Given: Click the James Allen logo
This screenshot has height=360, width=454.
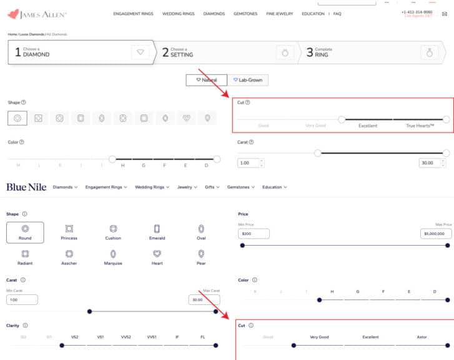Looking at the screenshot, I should (x=36, y=13).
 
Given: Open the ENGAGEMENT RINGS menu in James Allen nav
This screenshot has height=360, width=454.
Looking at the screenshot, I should (x=134, y=13).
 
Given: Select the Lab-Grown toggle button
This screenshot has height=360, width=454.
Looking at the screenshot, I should (x=247, y=80).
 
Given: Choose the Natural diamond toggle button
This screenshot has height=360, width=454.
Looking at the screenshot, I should (x=206, y=80).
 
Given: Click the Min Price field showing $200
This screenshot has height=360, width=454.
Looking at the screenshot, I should (x=254, y=234).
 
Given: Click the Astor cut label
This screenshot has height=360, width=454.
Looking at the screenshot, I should (x=422, y=337).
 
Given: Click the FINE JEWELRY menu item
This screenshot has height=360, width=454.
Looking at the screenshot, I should (x=280, y=13).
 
